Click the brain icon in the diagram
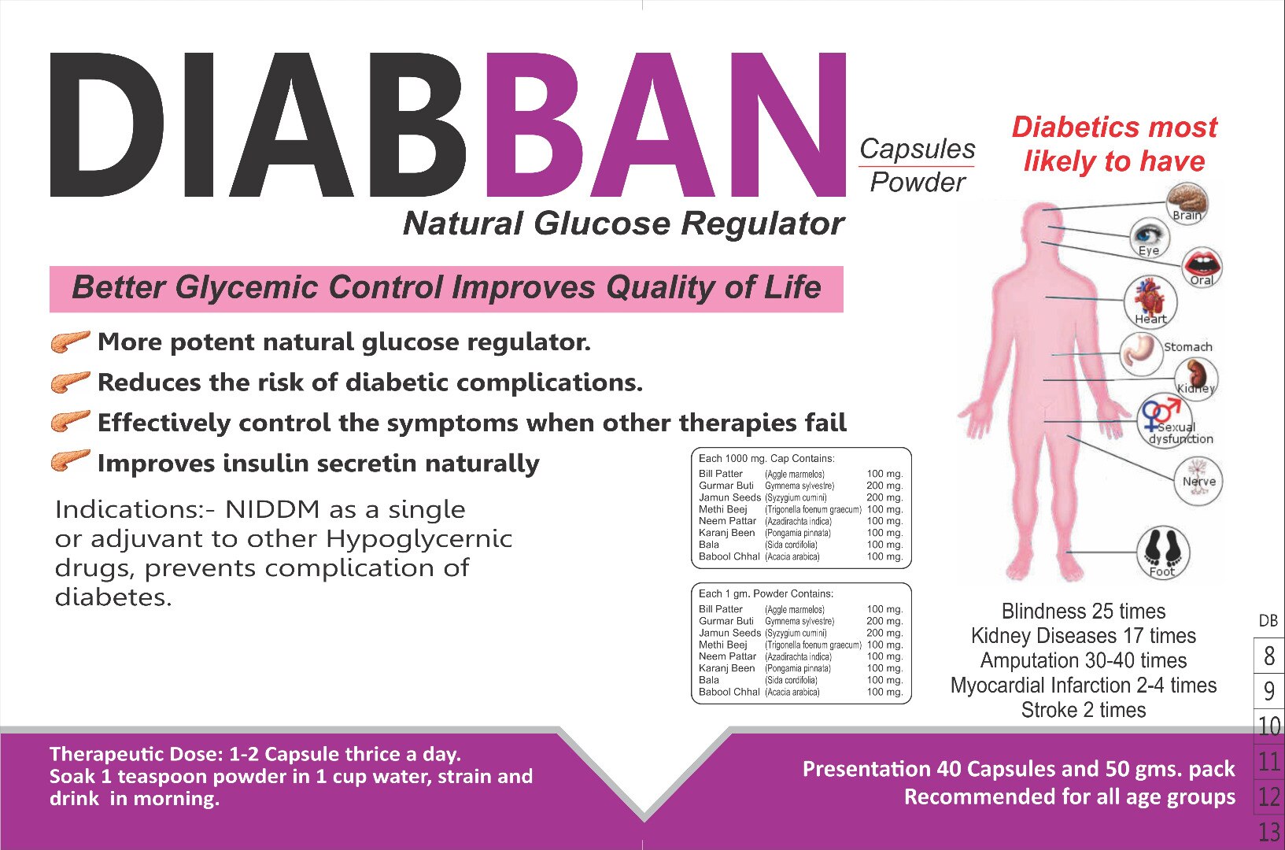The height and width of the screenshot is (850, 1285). click(1187, 203)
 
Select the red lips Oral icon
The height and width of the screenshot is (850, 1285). click(1202, 267)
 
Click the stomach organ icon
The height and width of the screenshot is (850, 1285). click(1141, 353)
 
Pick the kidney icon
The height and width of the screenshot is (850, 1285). click(1196, 378)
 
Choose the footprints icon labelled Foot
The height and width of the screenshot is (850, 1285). click(1163, 552)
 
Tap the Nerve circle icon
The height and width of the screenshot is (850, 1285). click(1198, 481)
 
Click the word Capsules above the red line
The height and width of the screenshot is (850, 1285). click(918, 149)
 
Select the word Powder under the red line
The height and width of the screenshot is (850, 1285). click(918, 183)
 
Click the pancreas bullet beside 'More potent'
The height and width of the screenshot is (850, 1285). click(71, 342)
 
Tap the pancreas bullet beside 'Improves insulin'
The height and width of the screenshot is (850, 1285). click(71, 461)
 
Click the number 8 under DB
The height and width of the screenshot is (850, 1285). click(1269, 656)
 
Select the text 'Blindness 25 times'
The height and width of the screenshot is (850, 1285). click(1084, 612)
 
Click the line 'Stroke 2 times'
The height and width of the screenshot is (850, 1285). click(1084, 710)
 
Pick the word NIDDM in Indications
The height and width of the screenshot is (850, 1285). click(272, 510)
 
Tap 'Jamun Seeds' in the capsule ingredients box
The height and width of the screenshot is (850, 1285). click(729, 497)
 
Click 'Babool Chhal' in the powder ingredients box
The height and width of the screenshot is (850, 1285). click(729, 692)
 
